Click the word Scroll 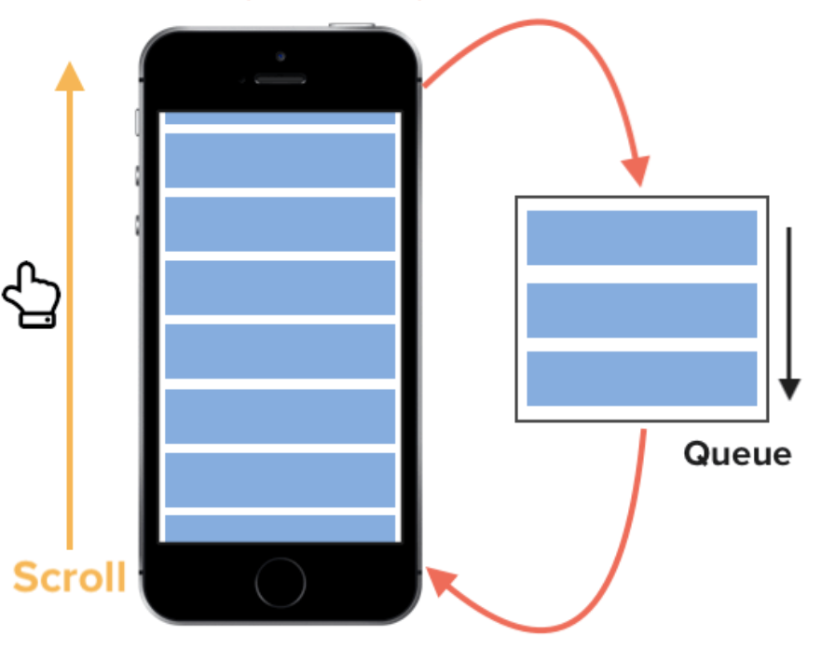[70, 578]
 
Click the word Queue [737, 454]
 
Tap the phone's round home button [281, 583]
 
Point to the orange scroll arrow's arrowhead [69, 75]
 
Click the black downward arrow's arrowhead [789, 388]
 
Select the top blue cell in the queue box [641, 238]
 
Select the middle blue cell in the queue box [641, 310]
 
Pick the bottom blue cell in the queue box [641, 379]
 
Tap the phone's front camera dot [281, 56]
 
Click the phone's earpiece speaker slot [281, 79]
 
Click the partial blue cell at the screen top [281, 118]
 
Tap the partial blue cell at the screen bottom [281, 529]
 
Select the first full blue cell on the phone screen [281, 160]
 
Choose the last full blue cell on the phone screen [281, 479]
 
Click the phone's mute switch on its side [139, 122]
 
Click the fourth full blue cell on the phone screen [281, 352]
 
